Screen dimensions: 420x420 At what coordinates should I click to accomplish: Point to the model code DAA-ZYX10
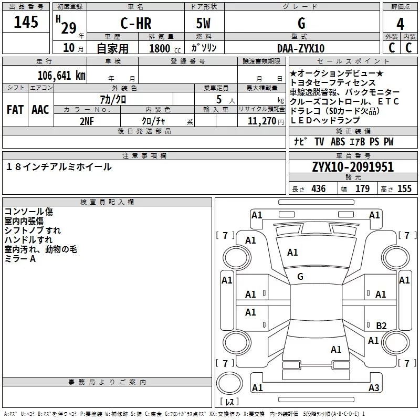[301, 48]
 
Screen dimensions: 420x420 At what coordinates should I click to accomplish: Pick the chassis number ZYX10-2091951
[353, 167]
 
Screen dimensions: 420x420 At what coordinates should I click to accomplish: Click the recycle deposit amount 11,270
[261, 121]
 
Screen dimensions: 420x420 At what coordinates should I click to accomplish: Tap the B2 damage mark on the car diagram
[382, 325]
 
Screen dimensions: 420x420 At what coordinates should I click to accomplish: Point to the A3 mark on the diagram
[373, 388]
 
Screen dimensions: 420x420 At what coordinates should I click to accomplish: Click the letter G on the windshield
[300, 276]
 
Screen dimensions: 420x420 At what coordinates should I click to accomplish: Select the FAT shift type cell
[15, 110]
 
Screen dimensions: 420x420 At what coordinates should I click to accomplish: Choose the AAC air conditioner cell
[40, 110]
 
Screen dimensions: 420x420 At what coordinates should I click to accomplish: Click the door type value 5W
[204, 23]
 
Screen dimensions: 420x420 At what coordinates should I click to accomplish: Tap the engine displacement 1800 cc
[163, 48]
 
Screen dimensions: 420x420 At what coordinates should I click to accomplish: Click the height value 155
[404, 189]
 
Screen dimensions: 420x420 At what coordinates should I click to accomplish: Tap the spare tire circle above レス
[230, 383]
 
